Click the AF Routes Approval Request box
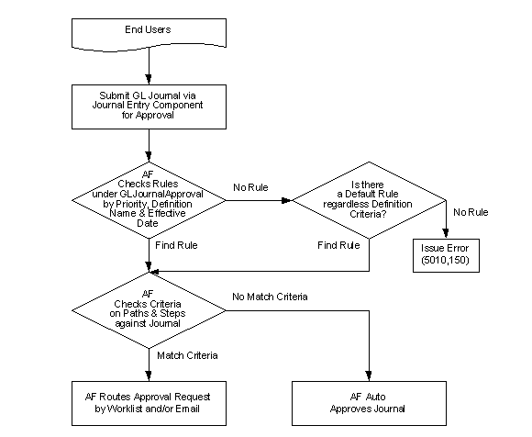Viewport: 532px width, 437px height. [x=148, y=402]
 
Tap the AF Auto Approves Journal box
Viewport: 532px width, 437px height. [x=368, y=402]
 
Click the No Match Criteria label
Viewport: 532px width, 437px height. [x=271, y=297]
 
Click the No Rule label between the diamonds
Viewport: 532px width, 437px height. [x=250, y=187]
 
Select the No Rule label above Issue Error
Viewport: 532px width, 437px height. [x=470, y=213]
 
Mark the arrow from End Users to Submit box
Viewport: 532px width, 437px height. [x=148, y=69]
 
